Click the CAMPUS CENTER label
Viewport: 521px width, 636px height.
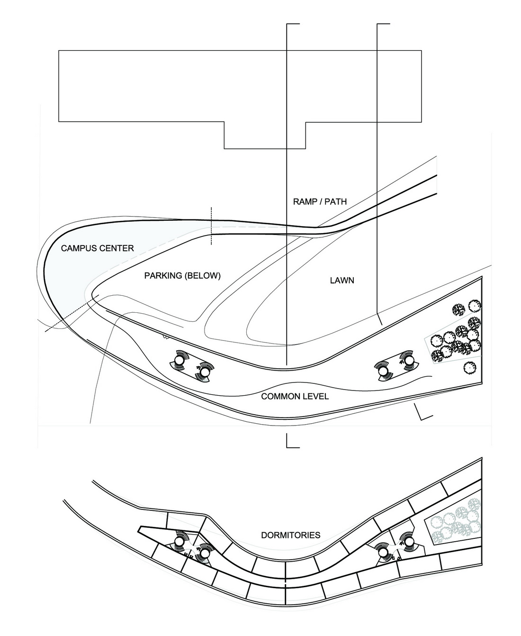click(x=97, y=248)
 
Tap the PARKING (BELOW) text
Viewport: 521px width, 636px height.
click(x=182, y=276)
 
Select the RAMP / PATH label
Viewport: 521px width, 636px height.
click(x=320, y=201)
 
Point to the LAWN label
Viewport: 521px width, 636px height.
click(x=342, y=281)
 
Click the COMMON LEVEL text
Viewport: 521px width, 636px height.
click(x=295, y=396)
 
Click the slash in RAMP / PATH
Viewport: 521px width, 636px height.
click(x=319, y=201)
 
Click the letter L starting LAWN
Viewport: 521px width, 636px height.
click(x=332, y=281)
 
